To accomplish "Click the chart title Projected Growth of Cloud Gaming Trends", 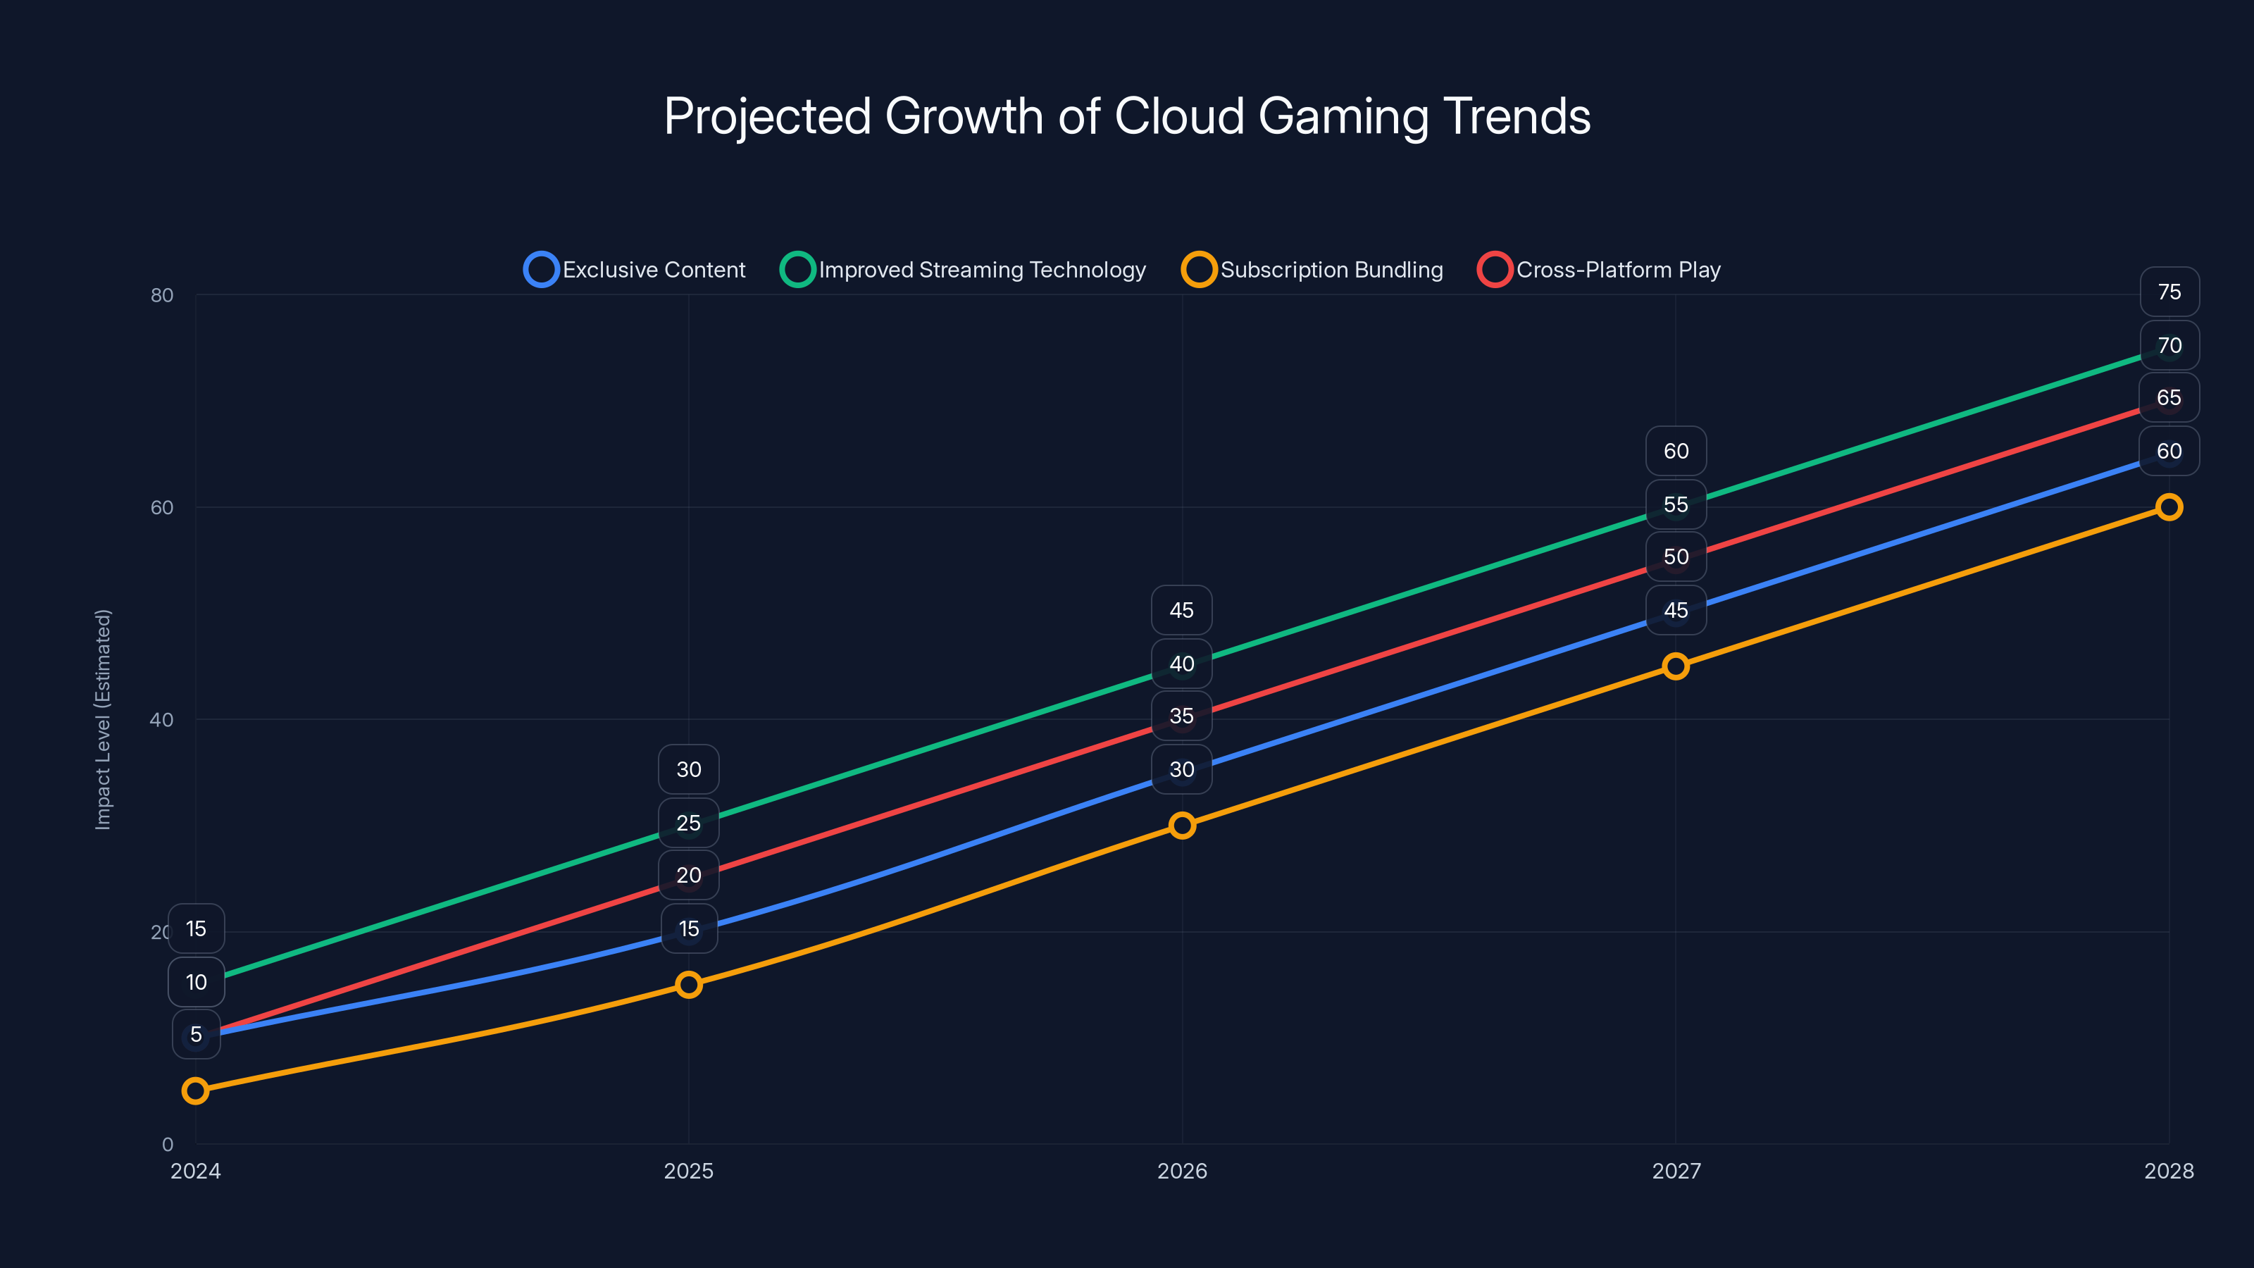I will click(x=1127, y=116).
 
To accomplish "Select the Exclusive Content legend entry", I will click(x=636, y=270).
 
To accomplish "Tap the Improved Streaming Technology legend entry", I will click(x=964, y=270).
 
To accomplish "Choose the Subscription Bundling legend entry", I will click(x=1312, y=270).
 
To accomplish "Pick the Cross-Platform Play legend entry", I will click(x=1600, y=270).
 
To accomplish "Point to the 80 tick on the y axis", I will click(x=162, y=295).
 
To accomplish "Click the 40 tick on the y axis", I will click(x=162, y=719).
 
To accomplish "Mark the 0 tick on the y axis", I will click(x=167, y=1144).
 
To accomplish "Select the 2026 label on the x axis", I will click(x=1182, y=1171).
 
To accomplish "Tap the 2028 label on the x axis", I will click(x=2168, y=1171).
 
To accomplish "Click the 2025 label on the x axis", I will click(x=689, y=1171).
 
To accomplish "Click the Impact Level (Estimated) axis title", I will click(x=104, y=719).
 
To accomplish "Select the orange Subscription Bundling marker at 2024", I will click(x=195, y=1090).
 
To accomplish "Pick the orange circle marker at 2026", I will click(x=1182, y=825).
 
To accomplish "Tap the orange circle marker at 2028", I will click(x=2168, y=506).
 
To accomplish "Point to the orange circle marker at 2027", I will click(x=1676, y=666).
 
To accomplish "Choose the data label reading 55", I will click(x=1676, y=504).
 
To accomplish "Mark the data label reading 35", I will click(x=1181, y=716).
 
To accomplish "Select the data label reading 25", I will click(x=689, y=823).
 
